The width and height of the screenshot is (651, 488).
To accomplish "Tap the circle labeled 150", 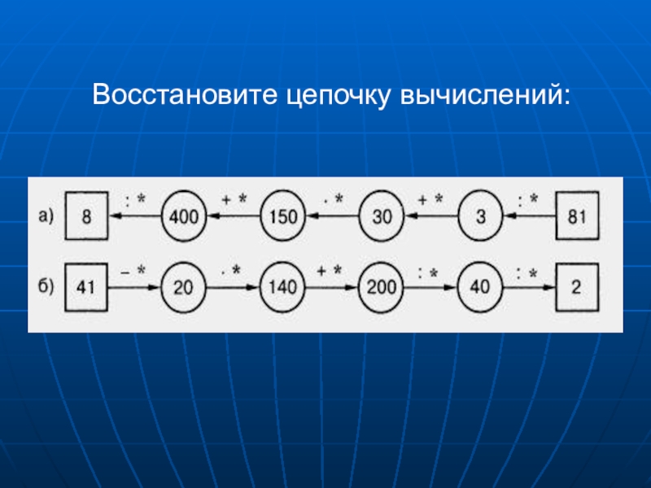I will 283,217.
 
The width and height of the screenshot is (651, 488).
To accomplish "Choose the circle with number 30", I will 382,217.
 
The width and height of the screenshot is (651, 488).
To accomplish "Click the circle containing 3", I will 480,217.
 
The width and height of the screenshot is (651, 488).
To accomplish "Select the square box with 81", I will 578,217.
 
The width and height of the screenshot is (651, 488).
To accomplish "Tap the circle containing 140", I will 283,287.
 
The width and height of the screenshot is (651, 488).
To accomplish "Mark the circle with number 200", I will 382,287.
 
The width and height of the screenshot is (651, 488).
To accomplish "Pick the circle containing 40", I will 480,287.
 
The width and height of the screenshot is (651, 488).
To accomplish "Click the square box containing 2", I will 578,287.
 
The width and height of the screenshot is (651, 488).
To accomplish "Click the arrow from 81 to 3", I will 529,217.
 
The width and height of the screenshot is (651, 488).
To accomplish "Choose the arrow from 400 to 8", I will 136,217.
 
